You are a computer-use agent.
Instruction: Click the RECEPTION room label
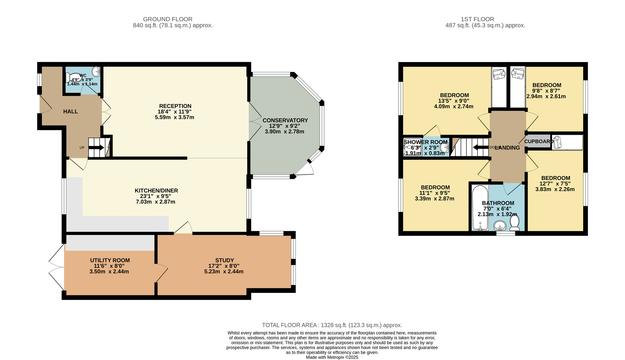click(x=175, y=106)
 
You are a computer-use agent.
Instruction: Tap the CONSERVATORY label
click(x=285, y=121)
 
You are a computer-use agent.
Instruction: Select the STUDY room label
click(x=224, y=260)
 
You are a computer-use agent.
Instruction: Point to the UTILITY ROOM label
click(x=110, y=260)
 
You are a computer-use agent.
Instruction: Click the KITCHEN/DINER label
click(x=156, y=191)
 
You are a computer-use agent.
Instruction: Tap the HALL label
click(x=71, y=112)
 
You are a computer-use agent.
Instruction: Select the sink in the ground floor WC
click(x=96, y=72)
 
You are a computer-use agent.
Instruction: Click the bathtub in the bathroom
click(x=480, y=207)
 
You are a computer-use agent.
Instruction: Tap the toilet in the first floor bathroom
click(x=514, y=223)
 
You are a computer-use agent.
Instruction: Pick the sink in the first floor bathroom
click(x=500, y=226)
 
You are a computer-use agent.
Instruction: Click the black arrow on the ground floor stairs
click(x=96, y=147)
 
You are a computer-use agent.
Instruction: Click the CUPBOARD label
click(x=539, y=142)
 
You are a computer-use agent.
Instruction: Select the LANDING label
click(x=507, y=148)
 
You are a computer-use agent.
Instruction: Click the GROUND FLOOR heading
click(x=168, y=19)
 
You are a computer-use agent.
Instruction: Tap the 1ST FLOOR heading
click(x=477, y=19)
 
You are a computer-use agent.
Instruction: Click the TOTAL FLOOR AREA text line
click(x=332, y=325)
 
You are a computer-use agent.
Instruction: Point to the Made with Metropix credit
click(x=332, y=357)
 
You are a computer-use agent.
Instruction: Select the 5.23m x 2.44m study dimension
click(x=224, y=272)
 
